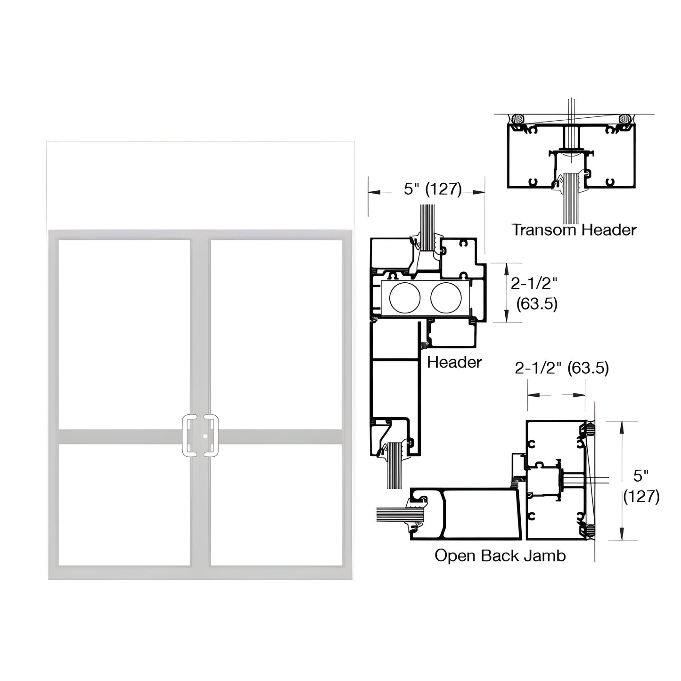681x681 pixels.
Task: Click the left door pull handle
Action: point(189,435)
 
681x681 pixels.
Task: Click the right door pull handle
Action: point(212,435)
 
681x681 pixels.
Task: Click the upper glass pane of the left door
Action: point(124,334)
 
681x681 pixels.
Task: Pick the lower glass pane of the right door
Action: point(276,504)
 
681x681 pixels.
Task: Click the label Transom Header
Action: point(574,230)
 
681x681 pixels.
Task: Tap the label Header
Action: point(454,362)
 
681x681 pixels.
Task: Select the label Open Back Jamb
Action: point(500,556)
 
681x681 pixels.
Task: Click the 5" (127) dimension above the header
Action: point(432,189)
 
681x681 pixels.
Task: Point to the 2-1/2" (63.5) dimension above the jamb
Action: point(562,368)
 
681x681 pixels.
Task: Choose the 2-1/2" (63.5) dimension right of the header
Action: point(534,294)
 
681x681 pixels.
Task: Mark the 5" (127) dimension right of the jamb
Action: point(641,486)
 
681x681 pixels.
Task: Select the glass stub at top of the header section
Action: point(427,222)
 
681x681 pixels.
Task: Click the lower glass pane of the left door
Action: point(124,504)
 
